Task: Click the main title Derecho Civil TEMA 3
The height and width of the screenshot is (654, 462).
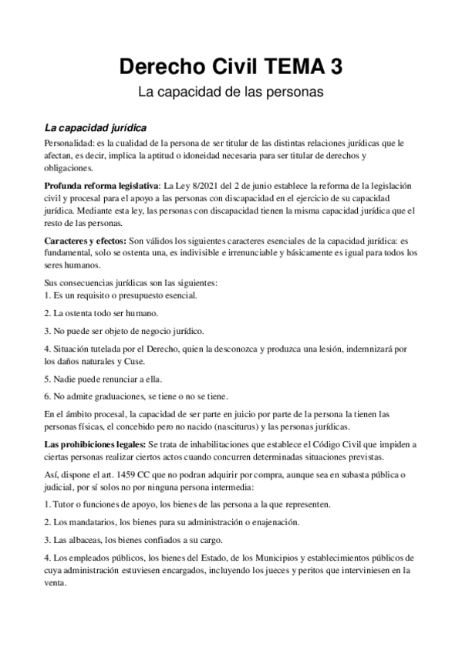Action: pos(230,67)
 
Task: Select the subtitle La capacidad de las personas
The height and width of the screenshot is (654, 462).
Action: pos(230,93)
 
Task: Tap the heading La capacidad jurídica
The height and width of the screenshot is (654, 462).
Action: pos(96,127)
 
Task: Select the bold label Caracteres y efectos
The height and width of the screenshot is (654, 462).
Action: pos(84,241)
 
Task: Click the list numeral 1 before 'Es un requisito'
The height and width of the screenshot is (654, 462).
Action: pos(47,295)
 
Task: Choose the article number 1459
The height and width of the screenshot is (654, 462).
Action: pos(126,476)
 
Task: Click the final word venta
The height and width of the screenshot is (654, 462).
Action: pos(56,583)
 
